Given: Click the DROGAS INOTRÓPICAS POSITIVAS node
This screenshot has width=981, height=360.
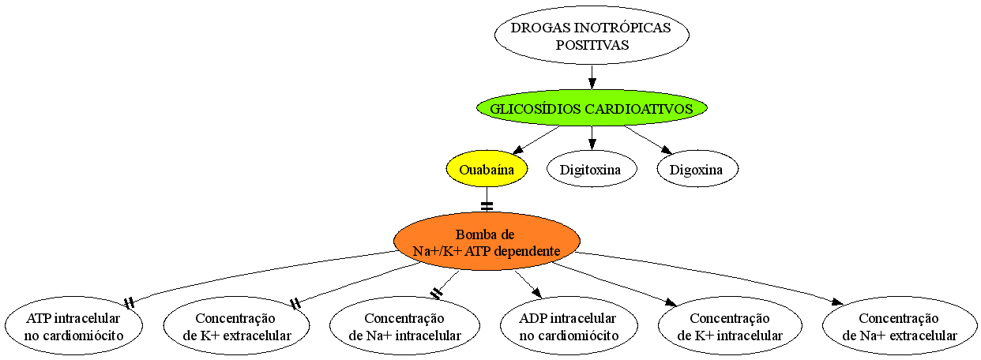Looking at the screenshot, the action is tap(592, 35).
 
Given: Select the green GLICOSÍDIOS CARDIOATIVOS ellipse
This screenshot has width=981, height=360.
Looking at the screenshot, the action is tap(592, 108).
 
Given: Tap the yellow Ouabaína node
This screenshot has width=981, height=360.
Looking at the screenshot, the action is tap(487, 169).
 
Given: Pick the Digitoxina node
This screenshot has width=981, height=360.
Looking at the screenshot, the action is tap(592, 169).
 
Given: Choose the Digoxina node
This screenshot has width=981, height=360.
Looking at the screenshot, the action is tap(697, 169).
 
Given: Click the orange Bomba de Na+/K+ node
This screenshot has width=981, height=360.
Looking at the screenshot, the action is tap(487, 242).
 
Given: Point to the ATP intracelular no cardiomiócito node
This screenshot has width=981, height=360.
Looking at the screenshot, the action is tap(73, 326).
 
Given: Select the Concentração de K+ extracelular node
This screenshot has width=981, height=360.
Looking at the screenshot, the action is tap(236, 326).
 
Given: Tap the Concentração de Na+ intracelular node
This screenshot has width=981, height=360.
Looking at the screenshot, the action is tap(404, 326).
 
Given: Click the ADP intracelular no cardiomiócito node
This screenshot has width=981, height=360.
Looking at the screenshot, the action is tap(569, 326).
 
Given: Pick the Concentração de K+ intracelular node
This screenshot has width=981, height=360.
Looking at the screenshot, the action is tap(730, 326).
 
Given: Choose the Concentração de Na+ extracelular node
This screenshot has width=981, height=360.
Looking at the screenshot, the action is tap(900, 326).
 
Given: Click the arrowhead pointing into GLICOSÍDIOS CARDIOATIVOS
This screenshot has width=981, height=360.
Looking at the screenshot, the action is tap(592, 83).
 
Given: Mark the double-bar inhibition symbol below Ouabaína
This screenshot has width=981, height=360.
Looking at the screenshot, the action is tap(487, 206).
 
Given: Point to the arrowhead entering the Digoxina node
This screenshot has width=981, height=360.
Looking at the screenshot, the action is tap(667, 150).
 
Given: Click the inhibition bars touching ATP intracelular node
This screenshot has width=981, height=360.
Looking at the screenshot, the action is tap(130, 303).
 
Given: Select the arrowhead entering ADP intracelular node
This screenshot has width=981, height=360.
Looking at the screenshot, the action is tap(536, 292).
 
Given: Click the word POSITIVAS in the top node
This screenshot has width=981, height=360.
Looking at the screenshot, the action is tap(592, 45).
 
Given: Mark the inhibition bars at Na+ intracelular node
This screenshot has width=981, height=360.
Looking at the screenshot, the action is tap(436, 293).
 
